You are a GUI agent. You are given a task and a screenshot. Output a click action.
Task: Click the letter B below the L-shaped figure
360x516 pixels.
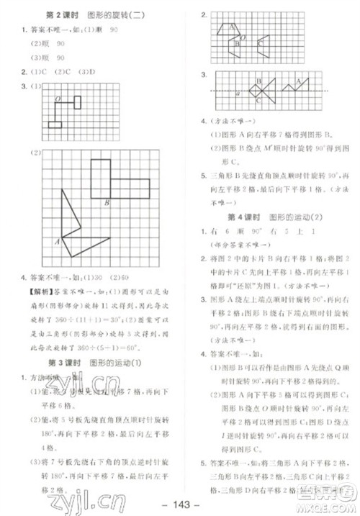pyautogui.click(x=106, y=203)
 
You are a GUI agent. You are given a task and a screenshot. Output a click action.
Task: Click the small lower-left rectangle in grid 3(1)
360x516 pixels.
pyautogui.click(x=55, y=125)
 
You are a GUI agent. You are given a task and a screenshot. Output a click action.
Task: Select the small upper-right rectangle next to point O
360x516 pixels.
pyautogui.click(x=78, y=101)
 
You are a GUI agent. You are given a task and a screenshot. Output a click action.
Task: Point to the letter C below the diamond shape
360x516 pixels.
pyautogui.click(x=258, y=103)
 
